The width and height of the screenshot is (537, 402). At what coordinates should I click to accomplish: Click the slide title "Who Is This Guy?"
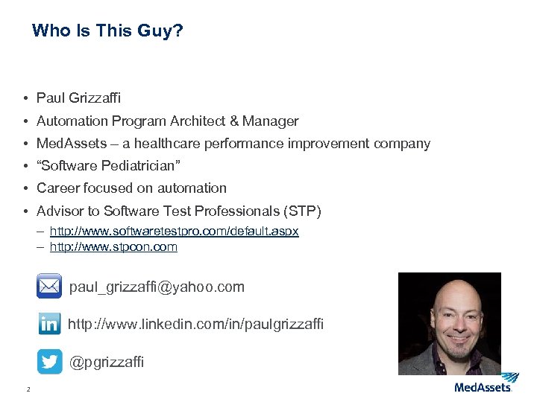click(107, 31)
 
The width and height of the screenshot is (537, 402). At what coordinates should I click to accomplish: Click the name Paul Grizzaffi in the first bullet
click(78, 98)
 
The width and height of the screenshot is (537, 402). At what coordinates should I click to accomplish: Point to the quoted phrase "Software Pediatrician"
click(109, 165)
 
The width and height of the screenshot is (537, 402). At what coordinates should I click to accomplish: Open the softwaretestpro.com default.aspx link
click(174, 232)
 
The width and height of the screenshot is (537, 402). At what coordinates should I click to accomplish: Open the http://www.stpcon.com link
click(113, 247)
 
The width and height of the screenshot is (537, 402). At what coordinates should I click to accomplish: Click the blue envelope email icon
click(49, 286)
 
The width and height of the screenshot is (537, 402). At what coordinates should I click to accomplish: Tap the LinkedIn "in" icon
click(50, 324)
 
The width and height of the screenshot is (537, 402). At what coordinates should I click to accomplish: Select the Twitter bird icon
click(50, 362)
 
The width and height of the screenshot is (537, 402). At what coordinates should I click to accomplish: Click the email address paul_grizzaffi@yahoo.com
click(157, 287)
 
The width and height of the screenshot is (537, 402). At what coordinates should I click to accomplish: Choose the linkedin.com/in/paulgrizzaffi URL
click(195, 325)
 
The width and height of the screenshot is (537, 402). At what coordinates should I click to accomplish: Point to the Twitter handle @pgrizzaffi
click(107, 363)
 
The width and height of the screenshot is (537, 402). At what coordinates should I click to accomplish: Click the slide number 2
click(28, 389)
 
